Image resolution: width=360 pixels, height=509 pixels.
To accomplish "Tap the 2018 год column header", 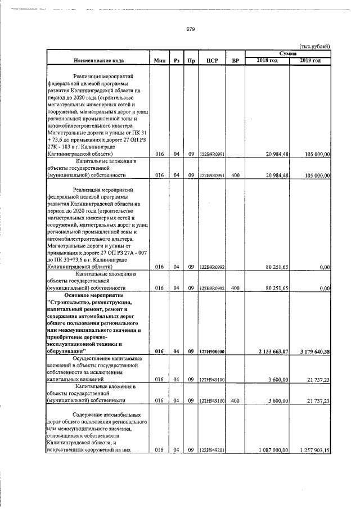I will (267, 60).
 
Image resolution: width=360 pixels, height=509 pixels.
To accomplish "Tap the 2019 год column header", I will (310, 60).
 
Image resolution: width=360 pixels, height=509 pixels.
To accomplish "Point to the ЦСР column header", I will (212, 60).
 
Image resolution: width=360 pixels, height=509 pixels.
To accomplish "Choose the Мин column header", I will (159, 60).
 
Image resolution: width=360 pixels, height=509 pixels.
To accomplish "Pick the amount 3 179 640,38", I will (310, 352).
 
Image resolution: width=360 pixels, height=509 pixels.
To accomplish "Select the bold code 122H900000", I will (212, 352).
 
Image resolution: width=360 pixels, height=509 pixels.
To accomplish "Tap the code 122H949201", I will (212, 449).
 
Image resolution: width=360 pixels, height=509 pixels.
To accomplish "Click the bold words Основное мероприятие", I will (97, 295).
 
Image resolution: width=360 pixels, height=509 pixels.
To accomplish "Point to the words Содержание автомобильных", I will (106, 415).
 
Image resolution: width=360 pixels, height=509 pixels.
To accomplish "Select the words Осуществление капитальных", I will (106, 358).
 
